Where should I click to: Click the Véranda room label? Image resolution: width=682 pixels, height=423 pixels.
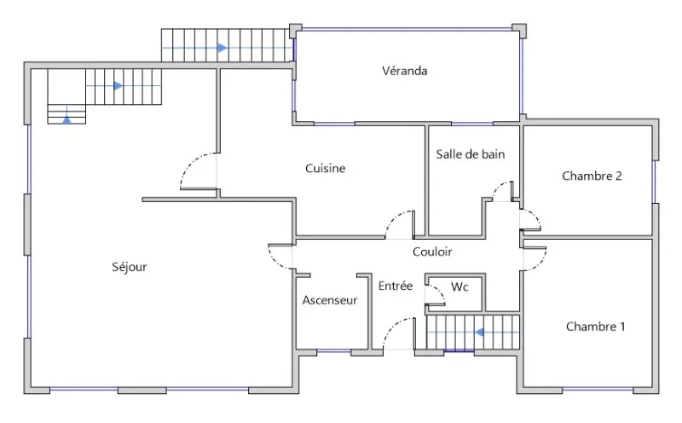coord(404,71)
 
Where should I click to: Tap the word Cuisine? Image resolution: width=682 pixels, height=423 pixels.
coord(326,168)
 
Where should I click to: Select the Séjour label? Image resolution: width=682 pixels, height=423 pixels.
coord(130,267)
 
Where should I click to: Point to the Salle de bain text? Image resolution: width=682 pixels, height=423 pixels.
coord(471,154)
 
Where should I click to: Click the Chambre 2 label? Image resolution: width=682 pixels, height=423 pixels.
coord(592,176)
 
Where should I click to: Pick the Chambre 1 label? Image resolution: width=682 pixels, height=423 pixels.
coord(595,327)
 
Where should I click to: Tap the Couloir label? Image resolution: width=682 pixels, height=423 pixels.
coord(432,252)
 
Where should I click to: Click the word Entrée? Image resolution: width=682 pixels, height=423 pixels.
coord(396,286)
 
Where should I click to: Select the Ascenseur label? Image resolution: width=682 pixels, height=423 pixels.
coord(330,300)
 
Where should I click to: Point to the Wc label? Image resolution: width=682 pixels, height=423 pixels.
coord(459,287)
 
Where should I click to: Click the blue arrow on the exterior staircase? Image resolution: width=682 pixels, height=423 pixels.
coord(223,48)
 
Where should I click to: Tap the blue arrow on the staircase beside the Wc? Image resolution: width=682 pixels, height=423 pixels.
coord(479,333)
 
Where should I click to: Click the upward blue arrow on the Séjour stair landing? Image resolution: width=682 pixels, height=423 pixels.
coord(66,119)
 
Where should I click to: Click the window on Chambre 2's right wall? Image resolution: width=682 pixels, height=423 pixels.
coord(654,182)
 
